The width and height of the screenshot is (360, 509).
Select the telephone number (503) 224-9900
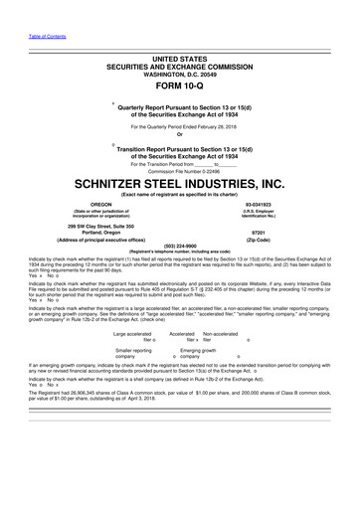180,245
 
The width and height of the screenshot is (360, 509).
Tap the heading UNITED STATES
180,32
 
